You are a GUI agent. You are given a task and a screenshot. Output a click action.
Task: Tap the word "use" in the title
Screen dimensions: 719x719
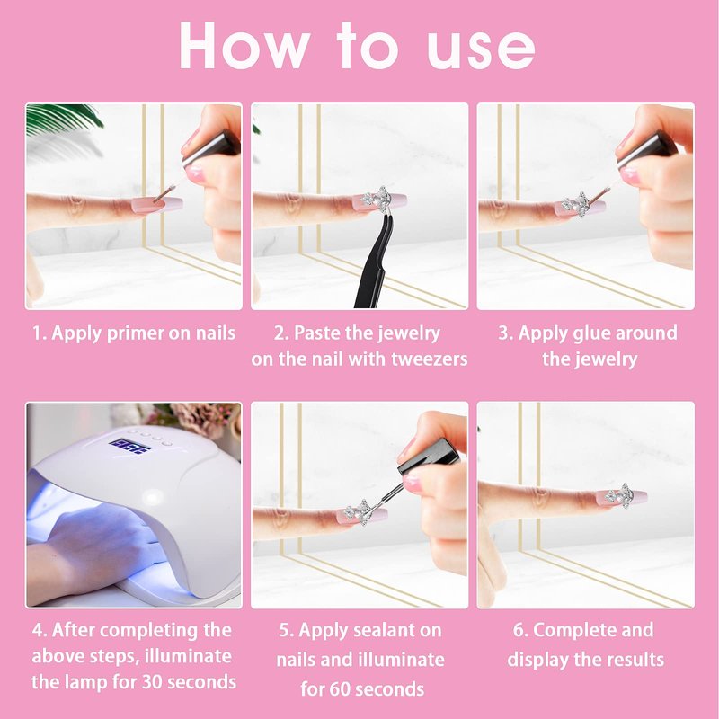481,51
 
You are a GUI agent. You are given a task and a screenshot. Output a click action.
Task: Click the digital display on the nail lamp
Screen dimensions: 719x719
129,446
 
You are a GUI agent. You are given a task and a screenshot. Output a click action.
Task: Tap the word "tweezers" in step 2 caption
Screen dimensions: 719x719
430,359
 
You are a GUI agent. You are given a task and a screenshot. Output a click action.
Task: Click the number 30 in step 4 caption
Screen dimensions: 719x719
150,682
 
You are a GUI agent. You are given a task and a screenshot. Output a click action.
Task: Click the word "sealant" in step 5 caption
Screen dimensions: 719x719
362,630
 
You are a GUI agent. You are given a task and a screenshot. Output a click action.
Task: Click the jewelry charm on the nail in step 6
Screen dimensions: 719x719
619,496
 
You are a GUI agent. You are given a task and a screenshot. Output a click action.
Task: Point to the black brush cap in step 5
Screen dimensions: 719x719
429,457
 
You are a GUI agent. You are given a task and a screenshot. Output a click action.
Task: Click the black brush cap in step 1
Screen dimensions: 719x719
211,147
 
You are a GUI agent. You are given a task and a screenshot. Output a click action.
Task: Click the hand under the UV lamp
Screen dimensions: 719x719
92,550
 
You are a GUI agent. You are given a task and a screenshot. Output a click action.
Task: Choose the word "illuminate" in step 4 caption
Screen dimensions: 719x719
188,656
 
